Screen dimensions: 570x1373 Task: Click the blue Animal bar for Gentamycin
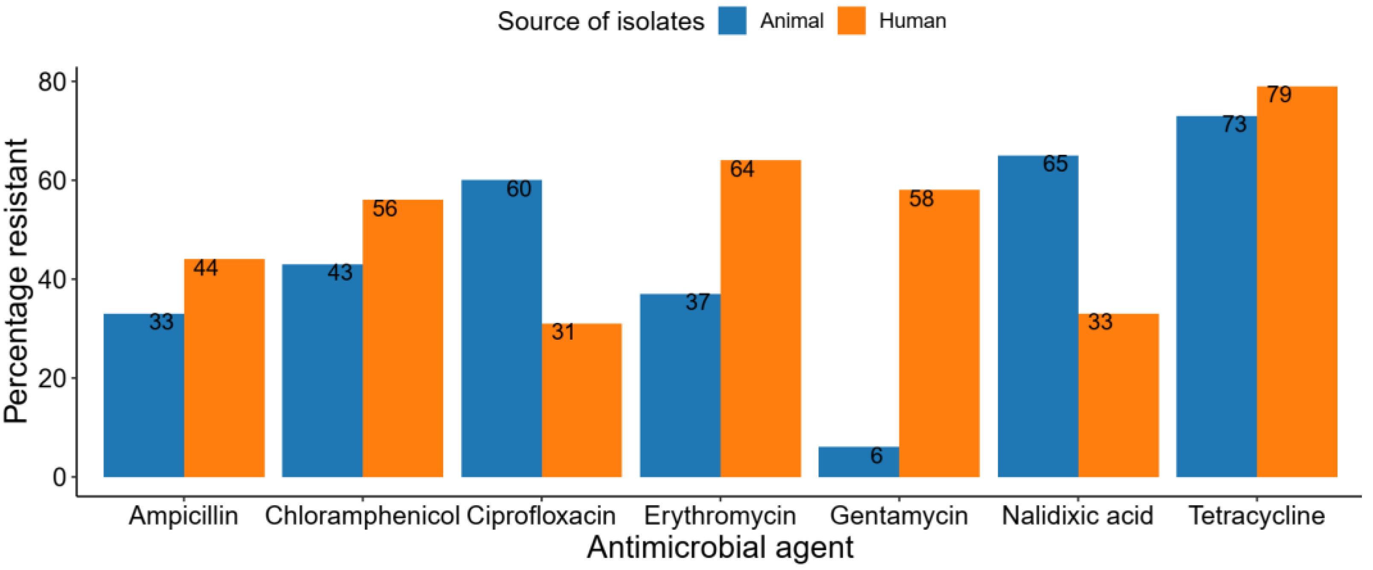coord(858,462)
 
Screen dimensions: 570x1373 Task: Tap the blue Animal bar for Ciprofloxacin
coord(501,329)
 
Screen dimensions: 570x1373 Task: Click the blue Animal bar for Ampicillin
coord(143,395)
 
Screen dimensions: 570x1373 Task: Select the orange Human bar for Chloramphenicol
coord(403,338)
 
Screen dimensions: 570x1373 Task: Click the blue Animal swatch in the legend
coord(732,21)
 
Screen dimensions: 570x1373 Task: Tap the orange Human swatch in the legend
coord(851,21)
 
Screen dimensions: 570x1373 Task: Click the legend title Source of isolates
coord(601,21)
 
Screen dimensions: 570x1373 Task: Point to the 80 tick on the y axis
coord(52,82)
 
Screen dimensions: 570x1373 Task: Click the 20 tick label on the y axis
coord(52,379)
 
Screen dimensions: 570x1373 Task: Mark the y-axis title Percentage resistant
coord(16,281)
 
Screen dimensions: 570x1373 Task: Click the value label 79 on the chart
coord(1279,95)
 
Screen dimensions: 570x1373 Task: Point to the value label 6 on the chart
coord(876,456)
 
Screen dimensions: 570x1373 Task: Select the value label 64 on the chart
coord(742,169)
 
